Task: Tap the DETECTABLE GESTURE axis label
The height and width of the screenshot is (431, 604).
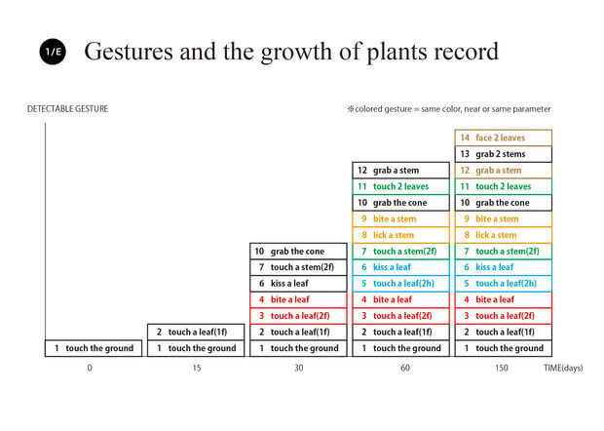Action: click(x=67, y=108)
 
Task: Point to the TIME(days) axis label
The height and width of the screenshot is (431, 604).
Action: click(x=563, y=368)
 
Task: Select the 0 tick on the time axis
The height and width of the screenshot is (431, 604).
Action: click(x=90, y=368)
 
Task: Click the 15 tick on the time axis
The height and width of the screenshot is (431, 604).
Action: click(x=196, y=368)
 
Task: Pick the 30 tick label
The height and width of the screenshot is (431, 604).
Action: click(x=298, y=368)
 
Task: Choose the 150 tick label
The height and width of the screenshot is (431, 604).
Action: click(x=503, y=368)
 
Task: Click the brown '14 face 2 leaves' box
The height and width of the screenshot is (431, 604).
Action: click(x=503, y=137)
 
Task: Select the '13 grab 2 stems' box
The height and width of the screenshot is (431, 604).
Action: click(x=503, y=154)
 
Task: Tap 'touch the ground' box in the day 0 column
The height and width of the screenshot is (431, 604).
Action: click(x=94, y=348)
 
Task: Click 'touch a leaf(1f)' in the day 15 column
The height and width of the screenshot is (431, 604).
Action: click(x=196, y=332)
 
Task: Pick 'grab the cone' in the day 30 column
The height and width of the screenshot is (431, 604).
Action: click(x=298, y=252)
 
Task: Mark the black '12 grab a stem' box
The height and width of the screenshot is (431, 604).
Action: click(x=400, y=171)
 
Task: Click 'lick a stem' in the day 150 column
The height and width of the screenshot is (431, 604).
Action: click(x=503, y=235)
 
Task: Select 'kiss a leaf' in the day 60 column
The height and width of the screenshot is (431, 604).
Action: click(x=400, y=267)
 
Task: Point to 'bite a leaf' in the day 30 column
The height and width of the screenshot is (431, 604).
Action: click(x=298, y=299)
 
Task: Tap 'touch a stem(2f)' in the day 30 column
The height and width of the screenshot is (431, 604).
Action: click(x=298, y=267)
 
